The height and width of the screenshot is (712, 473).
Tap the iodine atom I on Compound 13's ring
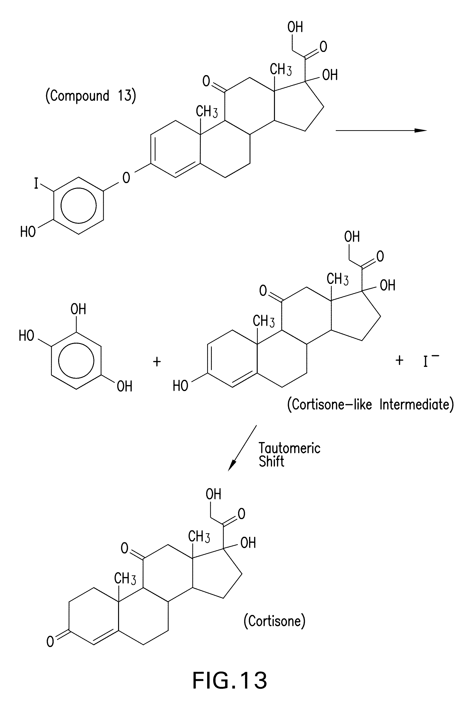click(x=36, y=183)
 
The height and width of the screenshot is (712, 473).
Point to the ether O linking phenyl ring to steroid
click(x=126, y=178)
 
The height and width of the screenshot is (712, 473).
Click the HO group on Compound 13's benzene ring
click(x=28, y=232)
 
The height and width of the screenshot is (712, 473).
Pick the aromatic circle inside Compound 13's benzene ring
click(x=78, y=205)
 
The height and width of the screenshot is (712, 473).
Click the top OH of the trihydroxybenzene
click(x=78, y=309)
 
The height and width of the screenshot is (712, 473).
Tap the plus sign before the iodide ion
click(x=399, y=360)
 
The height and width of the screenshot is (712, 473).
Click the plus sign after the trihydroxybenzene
click(x=157, y=361)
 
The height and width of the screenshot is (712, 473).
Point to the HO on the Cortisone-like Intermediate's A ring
click(x=180, y=386)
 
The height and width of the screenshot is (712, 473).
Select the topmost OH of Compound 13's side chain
click(x=295, y=27)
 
